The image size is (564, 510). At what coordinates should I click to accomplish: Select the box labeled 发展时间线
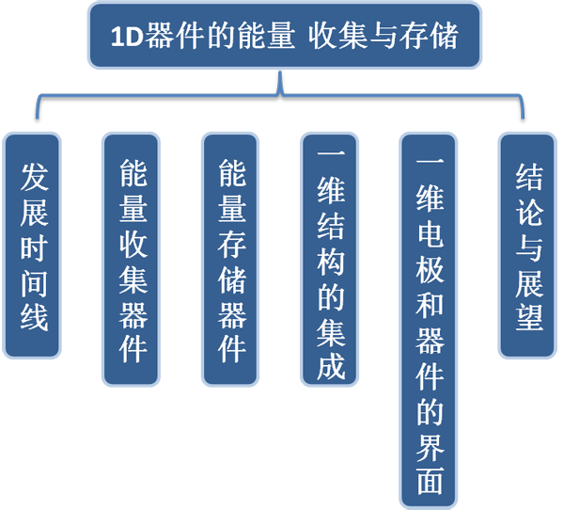click(x=32, y=246)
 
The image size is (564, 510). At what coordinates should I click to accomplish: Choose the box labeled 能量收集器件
click(x=131, y=259)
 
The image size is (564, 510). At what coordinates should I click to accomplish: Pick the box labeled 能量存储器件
click(x=230, y=259)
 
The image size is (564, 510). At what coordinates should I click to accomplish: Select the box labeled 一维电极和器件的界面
click(x=429, y=319)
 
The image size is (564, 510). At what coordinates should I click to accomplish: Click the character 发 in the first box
click(x=32, y=176)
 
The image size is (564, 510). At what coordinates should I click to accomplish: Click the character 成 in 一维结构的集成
click(x=329, y=363)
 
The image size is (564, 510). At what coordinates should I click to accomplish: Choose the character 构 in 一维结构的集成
click(x=329, y=258)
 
